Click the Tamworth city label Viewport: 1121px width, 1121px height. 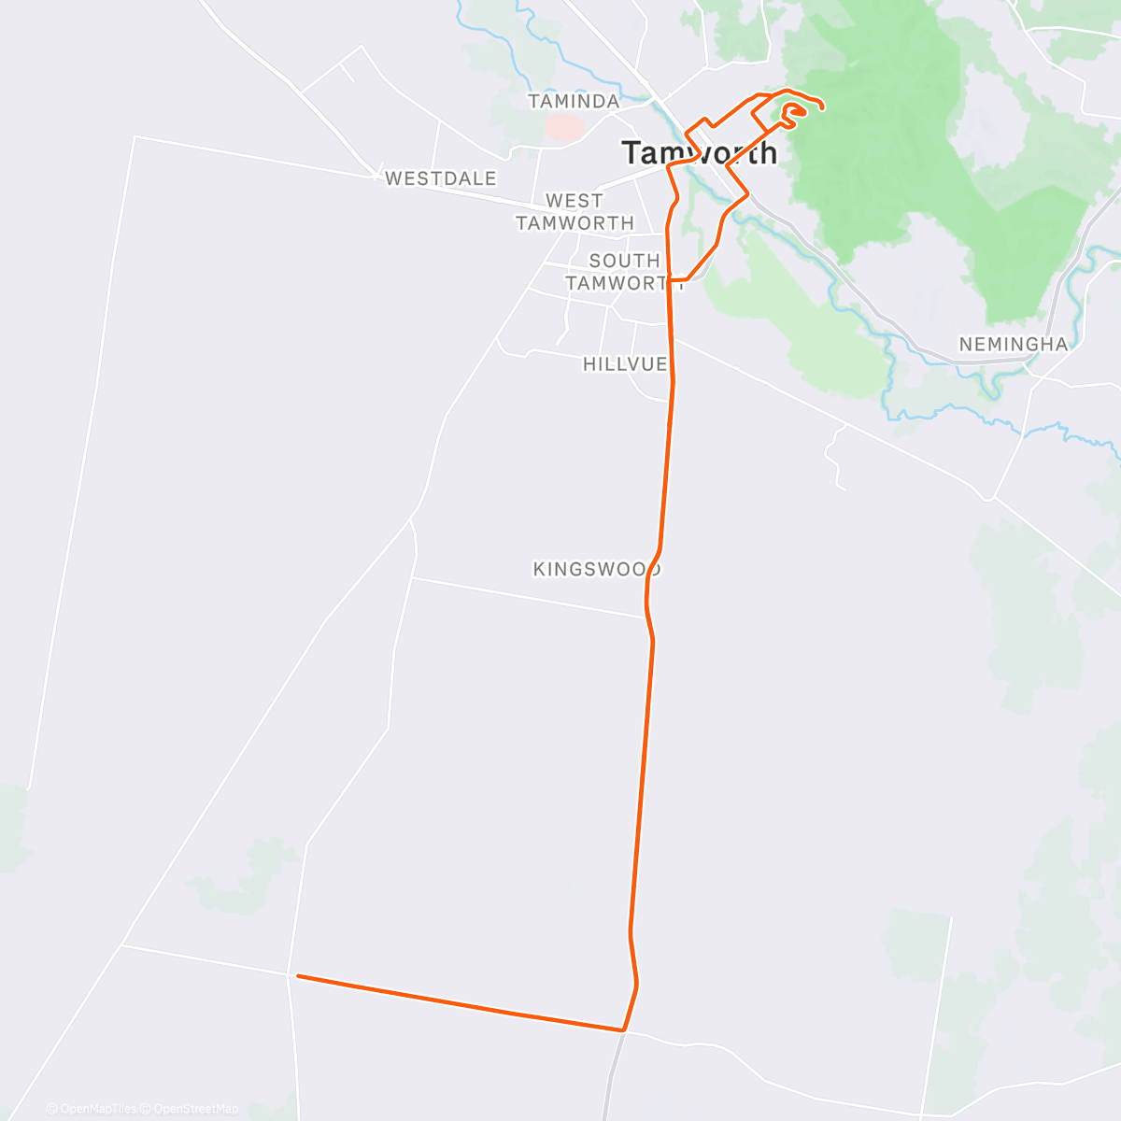[699, 152]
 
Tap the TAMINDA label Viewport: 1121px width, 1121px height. [574, 101]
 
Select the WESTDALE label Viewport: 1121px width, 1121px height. [440, 177]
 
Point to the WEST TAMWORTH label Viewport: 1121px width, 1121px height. [575, 212]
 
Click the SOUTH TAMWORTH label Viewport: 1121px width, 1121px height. [623, 272]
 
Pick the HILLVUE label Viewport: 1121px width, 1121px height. [625, 363]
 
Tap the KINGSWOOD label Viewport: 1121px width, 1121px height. [596, 569]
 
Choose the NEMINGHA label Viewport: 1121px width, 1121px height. [1013, 344]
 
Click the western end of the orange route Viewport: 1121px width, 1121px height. [298, 976]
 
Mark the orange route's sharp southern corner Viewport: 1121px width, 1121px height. [623, 1030]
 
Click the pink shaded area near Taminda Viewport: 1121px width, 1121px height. [563, 127]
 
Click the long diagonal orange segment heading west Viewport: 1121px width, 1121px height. [458, 1003]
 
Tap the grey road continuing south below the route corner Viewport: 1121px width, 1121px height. [612, 1074]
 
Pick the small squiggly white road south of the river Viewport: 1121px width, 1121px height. [834, 458]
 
